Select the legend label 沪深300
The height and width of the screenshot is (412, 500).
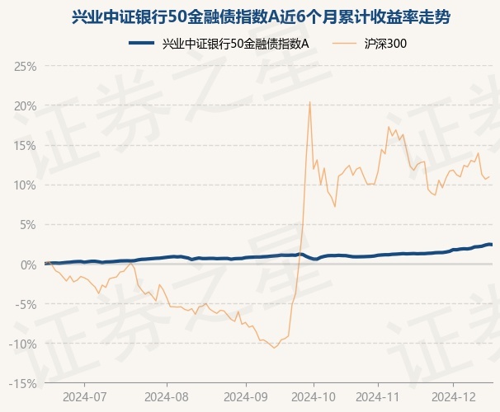[385, 43]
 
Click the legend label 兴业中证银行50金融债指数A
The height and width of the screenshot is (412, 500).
[236, 43]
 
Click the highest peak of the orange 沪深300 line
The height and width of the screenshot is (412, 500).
[309, 102]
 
